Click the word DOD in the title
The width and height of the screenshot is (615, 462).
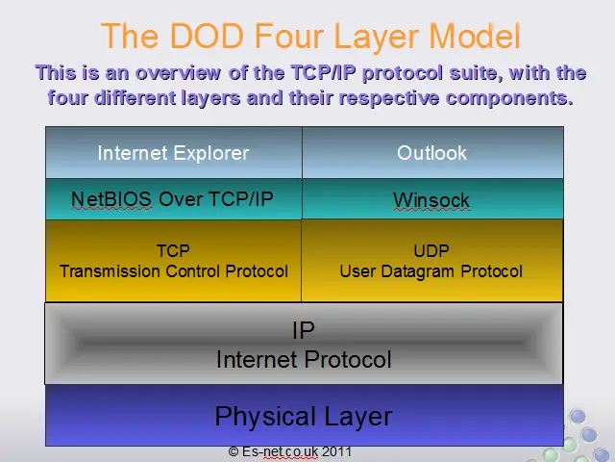208,36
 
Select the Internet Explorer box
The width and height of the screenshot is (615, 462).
174,152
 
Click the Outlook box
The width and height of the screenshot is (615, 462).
432,152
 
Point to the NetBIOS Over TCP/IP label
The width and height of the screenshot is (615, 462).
172,199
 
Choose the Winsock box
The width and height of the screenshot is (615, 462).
432,199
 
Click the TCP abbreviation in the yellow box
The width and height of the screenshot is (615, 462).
173,250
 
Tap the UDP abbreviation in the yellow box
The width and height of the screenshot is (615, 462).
431,250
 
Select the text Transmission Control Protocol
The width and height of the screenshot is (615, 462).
174,271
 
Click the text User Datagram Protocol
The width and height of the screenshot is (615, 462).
431,271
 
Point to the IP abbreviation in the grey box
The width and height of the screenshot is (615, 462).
304,330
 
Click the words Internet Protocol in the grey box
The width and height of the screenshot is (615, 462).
304,359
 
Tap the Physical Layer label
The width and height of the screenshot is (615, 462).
304,417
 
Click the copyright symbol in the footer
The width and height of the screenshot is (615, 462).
234,451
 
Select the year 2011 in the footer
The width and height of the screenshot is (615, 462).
336,451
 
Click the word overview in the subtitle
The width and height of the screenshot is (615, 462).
178,73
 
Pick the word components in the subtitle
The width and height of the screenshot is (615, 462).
509,98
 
